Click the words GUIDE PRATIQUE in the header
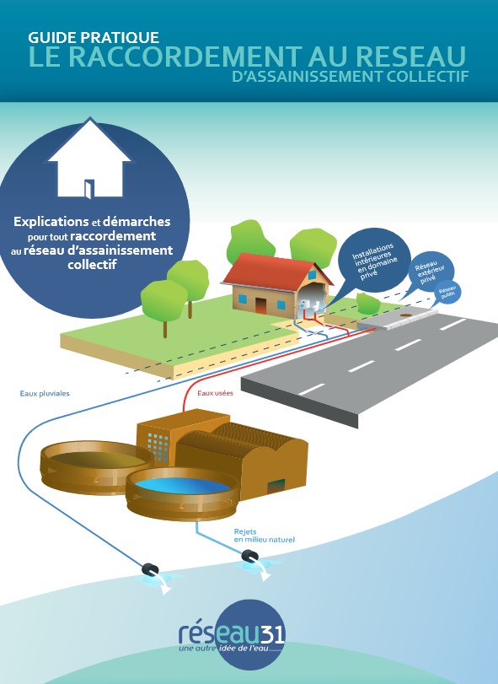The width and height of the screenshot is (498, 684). (x=94, y=37)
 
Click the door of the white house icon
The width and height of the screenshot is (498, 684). (x=89, y=189)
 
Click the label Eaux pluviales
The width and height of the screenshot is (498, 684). (x=45, y=394)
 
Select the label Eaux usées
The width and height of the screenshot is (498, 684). (x=215, y=393)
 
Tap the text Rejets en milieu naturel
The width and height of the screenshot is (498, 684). (x=264, y=536)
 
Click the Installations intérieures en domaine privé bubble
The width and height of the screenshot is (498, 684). (x=374, y=261)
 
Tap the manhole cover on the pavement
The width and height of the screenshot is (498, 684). (x=405, y=313)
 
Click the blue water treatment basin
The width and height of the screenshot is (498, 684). (x=182, y=485)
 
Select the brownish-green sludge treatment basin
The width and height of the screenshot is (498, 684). (x=97, y=459)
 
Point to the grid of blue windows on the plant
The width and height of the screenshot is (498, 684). (x=158, y=446)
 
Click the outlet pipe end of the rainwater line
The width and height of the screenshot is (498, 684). (x=150, y=569)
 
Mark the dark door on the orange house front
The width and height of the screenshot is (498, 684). (x=260, y=306)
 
